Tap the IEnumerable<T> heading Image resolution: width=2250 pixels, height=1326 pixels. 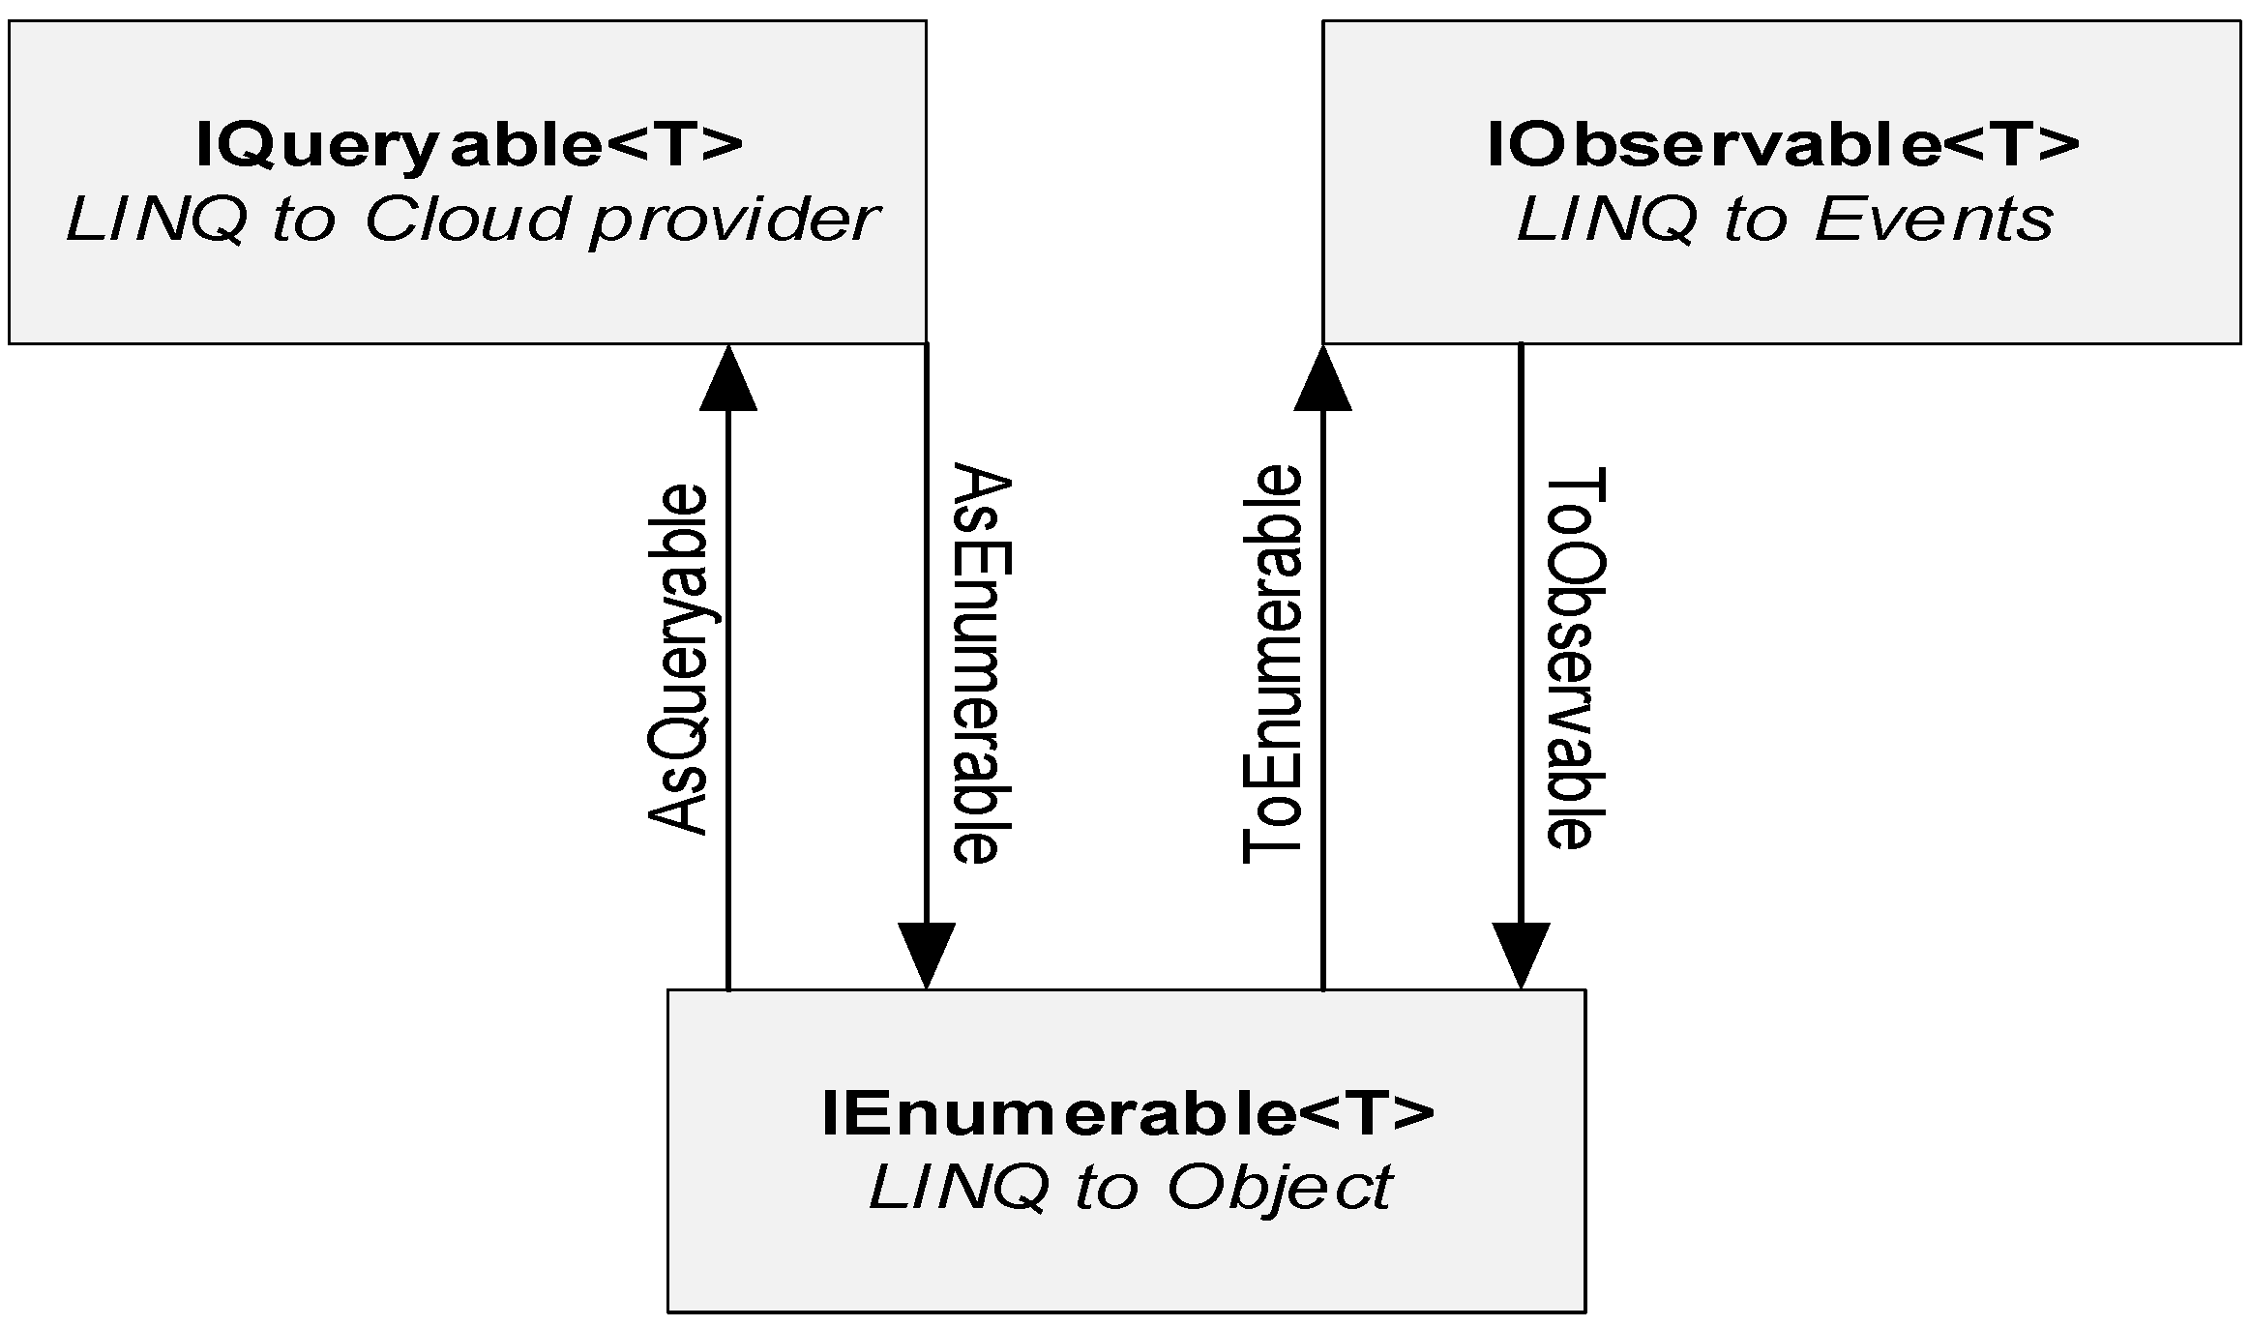(1127, 1113)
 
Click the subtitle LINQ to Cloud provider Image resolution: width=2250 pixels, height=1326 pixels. (471, 221)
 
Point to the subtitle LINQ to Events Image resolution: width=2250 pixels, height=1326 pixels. (1783, 221)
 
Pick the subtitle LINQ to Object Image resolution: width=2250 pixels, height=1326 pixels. (1130, 1188)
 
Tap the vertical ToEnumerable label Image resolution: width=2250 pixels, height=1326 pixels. (1271, 664)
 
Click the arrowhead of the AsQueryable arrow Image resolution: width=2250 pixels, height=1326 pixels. (727, 379)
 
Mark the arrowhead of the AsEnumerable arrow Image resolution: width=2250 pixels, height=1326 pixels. (927, 954)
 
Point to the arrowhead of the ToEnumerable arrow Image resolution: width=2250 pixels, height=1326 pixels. (1322, 379)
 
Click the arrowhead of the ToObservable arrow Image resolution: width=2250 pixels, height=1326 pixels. (1521, 954)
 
